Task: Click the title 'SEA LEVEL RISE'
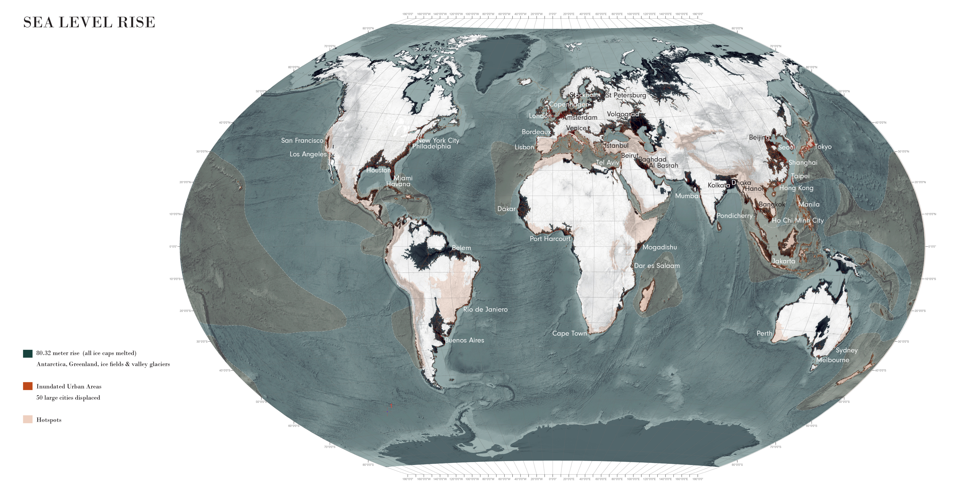pyautogui.click(x=89, y=22)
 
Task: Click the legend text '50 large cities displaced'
pyautogui.click(x=68, y=398)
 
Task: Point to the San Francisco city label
pyautogui.click(x=302, y=140)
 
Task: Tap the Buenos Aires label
pyautogui.click(x=464, y=340)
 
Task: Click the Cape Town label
pyautogui.click(x=570, y=333)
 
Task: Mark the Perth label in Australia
pyautogui.click(x=764, y=333)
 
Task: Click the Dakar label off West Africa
pyautogui.click(x=506, y=209)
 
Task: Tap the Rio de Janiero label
pyautogui.click(x=485, y=309)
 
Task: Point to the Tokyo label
pyautogui.click(x=823, y=147)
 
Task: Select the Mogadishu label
pyautogui.click(x=659, y=247)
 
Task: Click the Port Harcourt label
pyautogui.click(x=550, y=239)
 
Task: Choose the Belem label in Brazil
pyautogui.click(x=461, y=248)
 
